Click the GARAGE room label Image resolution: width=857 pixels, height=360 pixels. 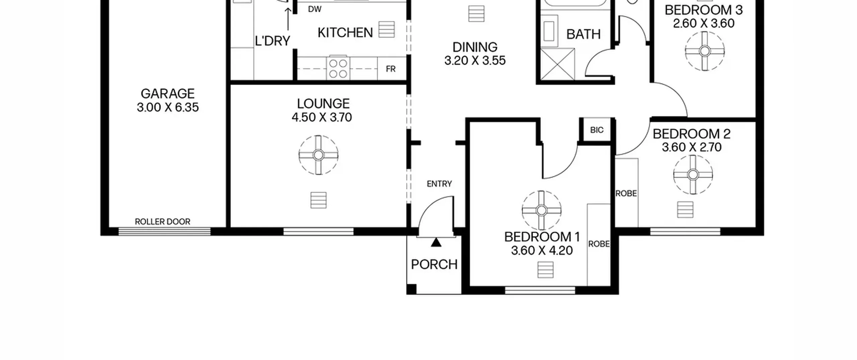pos(168,93)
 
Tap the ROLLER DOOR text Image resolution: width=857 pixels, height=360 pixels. pos(162,222)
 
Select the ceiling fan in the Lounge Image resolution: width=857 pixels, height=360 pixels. pos(318,155)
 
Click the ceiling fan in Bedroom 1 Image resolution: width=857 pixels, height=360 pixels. pos(541,211)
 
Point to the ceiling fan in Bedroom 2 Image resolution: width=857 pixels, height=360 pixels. pos(693,174)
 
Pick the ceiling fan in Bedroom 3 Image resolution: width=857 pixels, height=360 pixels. pos(705,51)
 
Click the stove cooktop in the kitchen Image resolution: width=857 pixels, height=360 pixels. pos(338,68)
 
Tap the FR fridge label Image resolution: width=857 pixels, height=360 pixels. pos(391,69)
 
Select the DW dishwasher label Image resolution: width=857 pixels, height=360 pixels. pos(315,9)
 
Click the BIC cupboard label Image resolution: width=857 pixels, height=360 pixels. pos(597,130)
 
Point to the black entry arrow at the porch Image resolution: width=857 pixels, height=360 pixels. pos(436,242)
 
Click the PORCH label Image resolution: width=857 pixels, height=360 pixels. pos(434,265)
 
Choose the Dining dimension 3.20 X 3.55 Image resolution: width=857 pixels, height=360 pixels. pos(475,61)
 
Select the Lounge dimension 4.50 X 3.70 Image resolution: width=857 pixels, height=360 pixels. pos(322,118)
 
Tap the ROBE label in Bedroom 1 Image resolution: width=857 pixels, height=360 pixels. pos(599,244)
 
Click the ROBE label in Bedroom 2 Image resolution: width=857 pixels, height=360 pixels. pos(626,194)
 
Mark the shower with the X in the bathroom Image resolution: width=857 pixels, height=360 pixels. pos(557,64)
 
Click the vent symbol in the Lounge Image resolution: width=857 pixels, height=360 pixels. pos(318,200)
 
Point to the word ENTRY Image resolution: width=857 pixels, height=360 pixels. pos(439,184)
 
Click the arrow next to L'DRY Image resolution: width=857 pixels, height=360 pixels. pos(288,19)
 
